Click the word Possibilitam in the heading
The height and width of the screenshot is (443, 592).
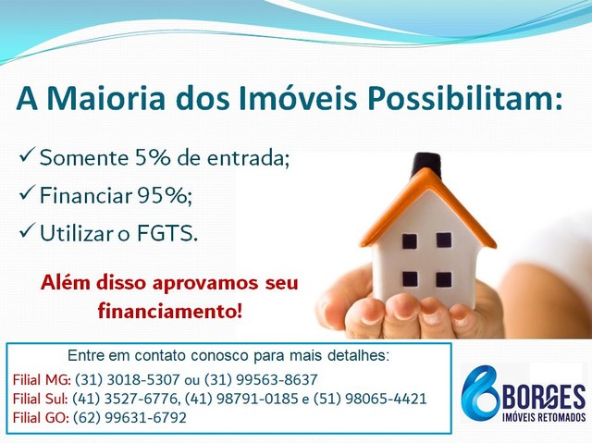(464, 100)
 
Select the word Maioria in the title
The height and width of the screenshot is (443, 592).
(106, 99)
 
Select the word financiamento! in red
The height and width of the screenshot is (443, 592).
(169, 312)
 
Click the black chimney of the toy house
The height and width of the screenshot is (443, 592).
(425, 164)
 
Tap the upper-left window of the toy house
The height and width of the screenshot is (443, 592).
(409, 241)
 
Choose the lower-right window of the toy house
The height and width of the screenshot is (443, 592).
(444, 279)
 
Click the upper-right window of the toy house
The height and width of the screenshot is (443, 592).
(444, 240)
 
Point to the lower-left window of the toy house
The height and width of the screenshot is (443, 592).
(410, 279)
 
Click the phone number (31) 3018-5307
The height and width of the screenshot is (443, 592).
(128, 379)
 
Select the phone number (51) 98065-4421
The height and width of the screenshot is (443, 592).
(370, 399)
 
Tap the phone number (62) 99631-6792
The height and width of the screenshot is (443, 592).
(129, 418)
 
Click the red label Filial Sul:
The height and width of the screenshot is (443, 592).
(41, 399)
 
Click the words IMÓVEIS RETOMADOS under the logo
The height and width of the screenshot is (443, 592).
(544, 417)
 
